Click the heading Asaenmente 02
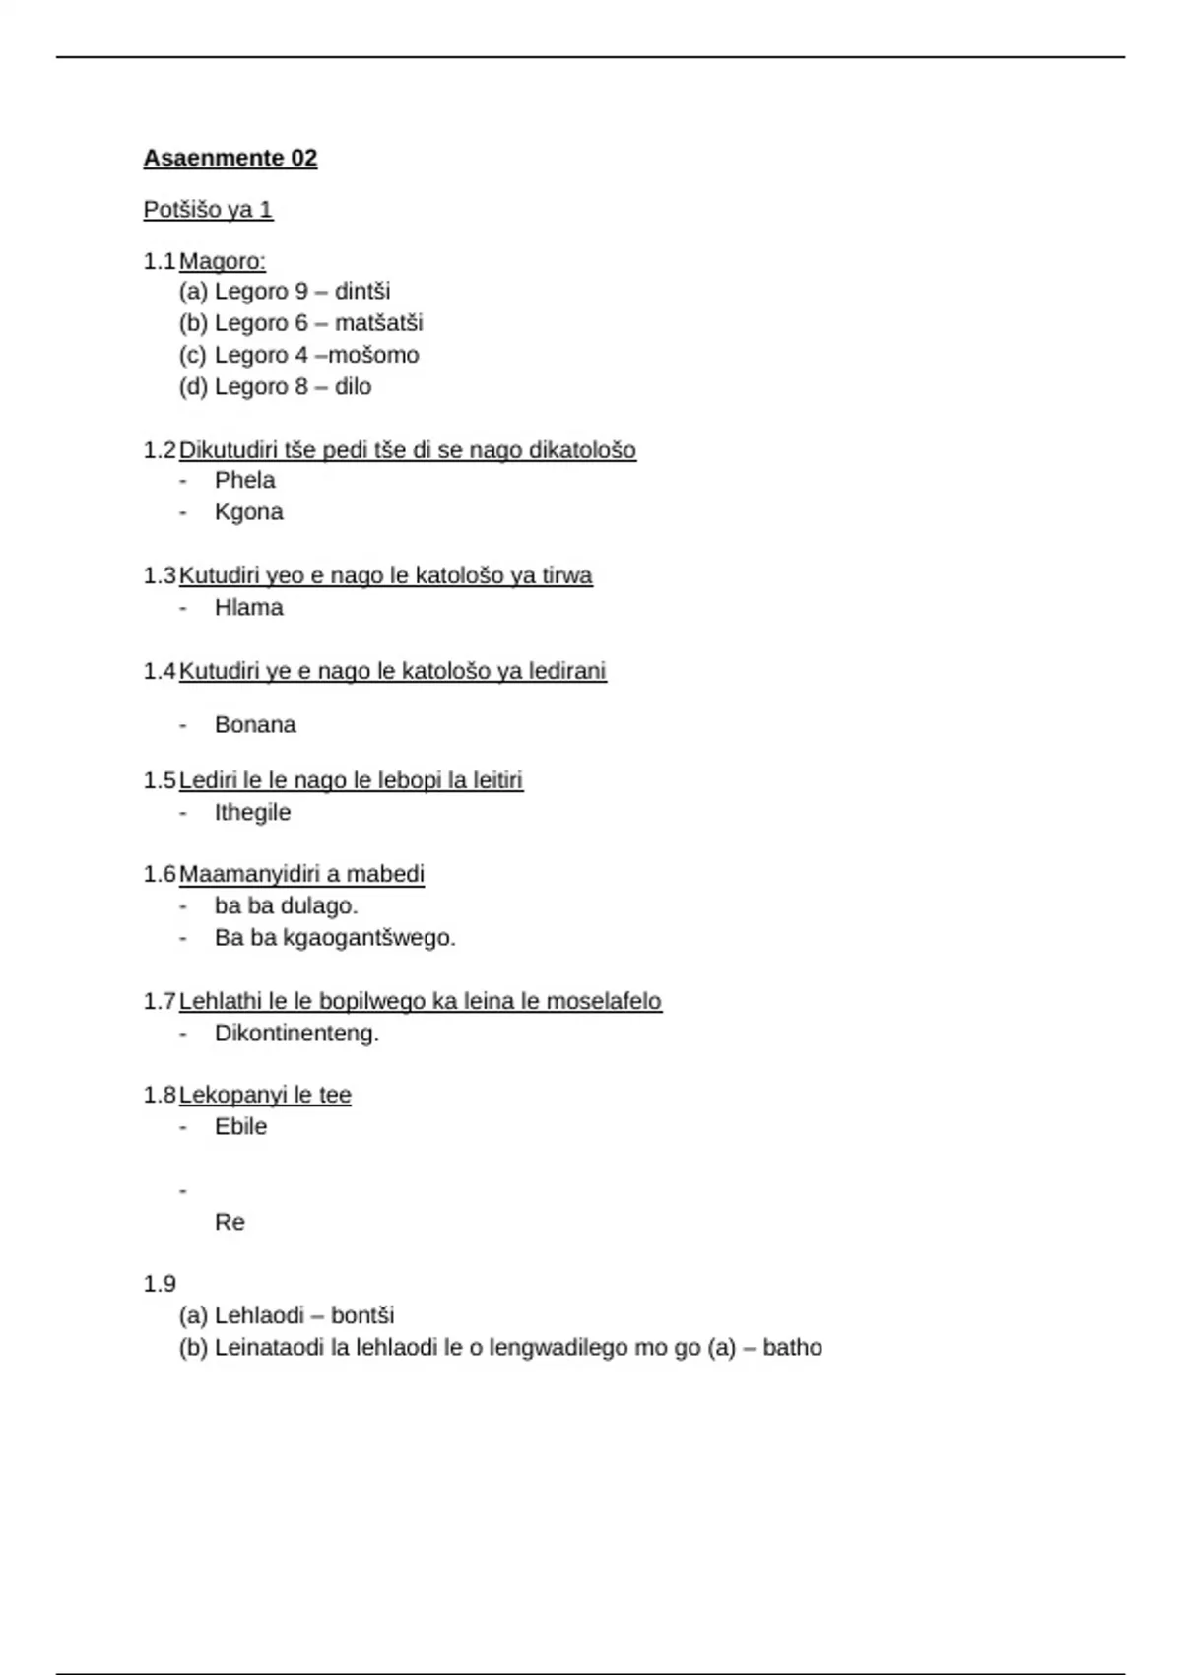[230, 158]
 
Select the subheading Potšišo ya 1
[208, 210]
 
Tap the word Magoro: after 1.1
[223, 261]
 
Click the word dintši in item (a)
[362, 292]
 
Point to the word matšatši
[378, 323]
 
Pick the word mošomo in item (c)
[373, 355]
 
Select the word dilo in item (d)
[353, 387]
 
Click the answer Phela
[244, 480]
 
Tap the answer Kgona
[248, 512]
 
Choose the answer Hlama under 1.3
[248, 608]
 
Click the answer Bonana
[255, 725]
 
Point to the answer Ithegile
[252, 813]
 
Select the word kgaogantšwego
[368, 938]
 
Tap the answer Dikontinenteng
[296, 1034]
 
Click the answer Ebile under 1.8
[240, 1127]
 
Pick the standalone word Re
[230, 1223]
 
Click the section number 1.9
[160, 1284]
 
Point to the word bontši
[362, 1315]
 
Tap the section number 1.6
[160, 874]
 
